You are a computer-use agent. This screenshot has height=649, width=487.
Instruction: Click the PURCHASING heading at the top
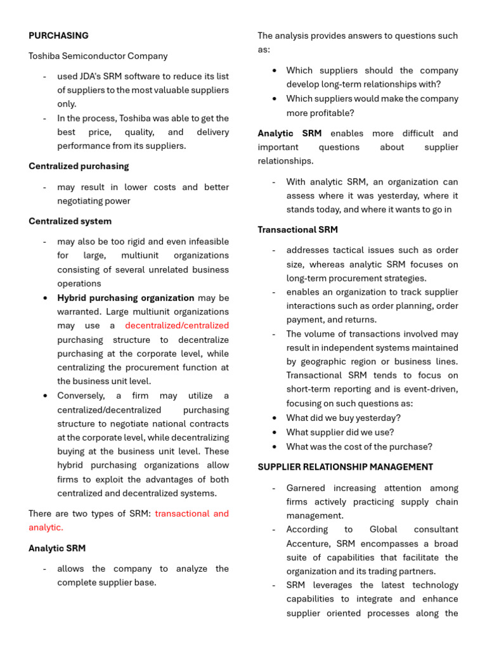[x=58, y=35]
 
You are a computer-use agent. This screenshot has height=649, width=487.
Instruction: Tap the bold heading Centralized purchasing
[x=79, y=166]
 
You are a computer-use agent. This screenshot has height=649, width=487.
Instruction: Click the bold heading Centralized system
[x=70, y=221]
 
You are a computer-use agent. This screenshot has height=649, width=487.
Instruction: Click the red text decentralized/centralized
[x=177, y=325]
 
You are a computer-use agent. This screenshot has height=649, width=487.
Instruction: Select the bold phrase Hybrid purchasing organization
[x=126, y=297]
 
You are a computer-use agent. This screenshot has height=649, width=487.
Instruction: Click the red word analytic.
[x=46, y=527]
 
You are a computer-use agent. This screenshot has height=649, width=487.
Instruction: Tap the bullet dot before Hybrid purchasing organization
[x=44, y=298]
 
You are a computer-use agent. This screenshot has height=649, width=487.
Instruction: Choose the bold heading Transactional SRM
[x=297, y=229]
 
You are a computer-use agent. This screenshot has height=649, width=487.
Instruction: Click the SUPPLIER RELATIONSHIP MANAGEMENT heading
[x=345, y=467]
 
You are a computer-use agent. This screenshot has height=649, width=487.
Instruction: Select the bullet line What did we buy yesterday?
[x=343, y=418]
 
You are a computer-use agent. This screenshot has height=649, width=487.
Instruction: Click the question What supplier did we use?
[x=340, y=432]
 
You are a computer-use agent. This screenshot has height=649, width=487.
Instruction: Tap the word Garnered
[x=306, y=488]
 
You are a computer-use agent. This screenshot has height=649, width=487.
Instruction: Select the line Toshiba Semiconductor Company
[x=98, y=56]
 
